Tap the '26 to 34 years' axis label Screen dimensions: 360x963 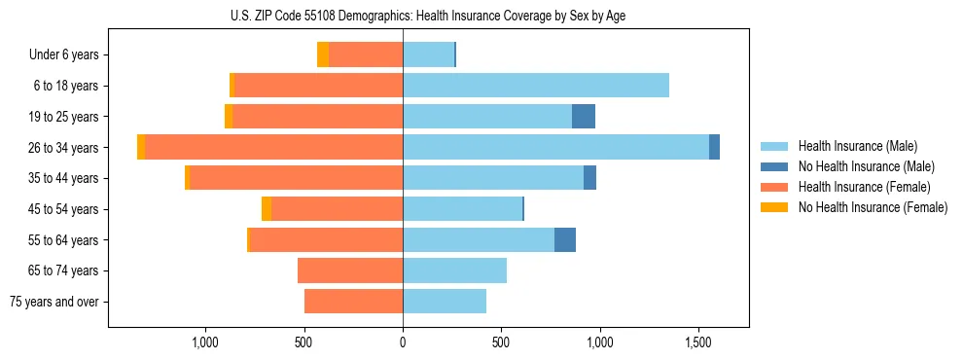coord(65,147)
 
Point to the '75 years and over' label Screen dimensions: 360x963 coord(54,302)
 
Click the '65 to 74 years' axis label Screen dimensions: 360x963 coord(65,270)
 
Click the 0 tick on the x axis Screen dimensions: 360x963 coord(403,342)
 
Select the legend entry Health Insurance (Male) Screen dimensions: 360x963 coord(857,146)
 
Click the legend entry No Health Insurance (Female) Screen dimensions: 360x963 coord(873,207)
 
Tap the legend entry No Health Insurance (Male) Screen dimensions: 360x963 coord(866,166)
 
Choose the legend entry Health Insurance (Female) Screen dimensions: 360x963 coord(864,187)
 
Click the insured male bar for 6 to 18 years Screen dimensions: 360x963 coord(535,86)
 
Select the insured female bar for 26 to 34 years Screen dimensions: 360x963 coord(273,147)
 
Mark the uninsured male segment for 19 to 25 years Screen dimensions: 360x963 coord(583,117)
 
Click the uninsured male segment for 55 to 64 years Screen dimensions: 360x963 coord(564,239)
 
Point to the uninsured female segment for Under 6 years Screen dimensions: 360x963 coord(323,54)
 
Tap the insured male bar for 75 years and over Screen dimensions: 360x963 coord(445,302)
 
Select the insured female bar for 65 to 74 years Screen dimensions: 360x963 coord(350,270)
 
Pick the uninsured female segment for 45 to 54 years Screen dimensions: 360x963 coord(267,209)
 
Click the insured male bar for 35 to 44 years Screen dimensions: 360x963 coord(493,178)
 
